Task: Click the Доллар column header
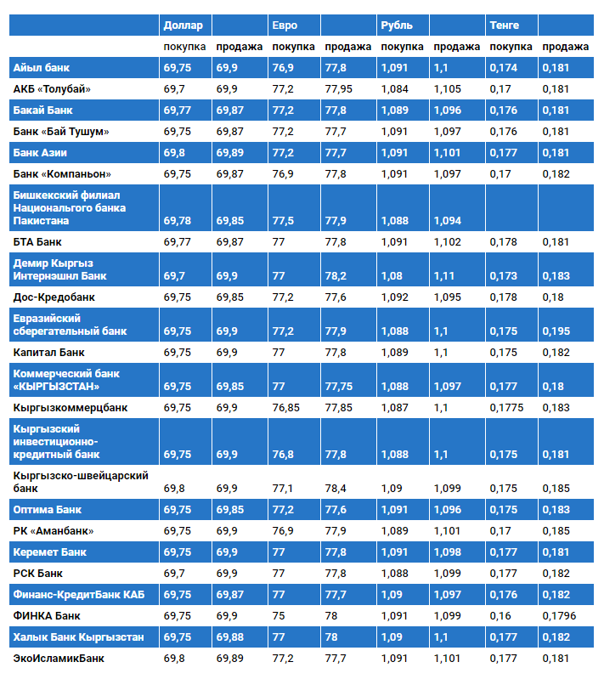[x=183, y=25]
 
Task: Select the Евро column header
[x=285, y=25]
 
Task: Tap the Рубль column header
[x=397, y=25]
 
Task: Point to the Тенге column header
[x=505, y=25]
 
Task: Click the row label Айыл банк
[x=42, y=66]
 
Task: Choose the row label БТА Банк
[x=37, y=242]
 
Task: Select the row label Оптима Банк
[x=48, y=510]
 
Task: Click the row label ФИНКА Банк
[x=47, y=615]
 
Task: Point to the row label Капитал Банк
[x=49, y=352]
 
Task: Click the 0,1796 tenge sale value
[x=560, y=615]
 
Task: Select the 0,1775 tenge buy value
[x=507, y=407]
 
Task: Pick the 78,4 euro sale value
[x=336, y=489]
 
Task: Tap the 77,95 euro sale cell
[x=339, y=88]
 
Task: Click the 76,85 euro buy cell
[x=286, y=407]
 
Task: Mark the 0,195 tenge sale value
[x=557, y=331]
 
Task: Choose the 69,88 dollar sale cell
[x=229, y=637]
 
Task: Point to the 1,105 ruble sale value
[x=448, y=88]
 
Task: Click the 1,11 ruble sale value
[x=444, y=276]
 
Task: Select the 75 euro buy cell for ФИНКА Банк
[x=279, y=615]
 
